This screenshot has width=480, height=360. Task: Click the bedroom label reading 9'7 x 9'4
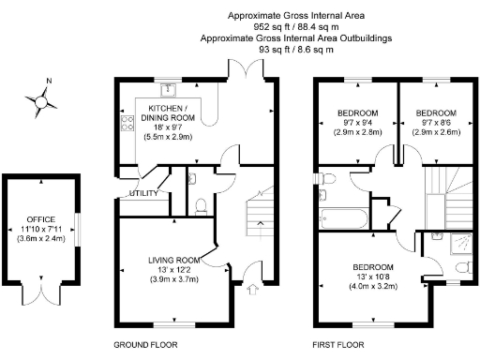(358, 124)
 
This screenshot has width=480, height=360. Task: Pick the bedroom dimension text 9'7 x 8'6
(437, 124)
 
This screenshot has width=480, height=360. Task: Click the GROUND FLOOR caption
(145, 344)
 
